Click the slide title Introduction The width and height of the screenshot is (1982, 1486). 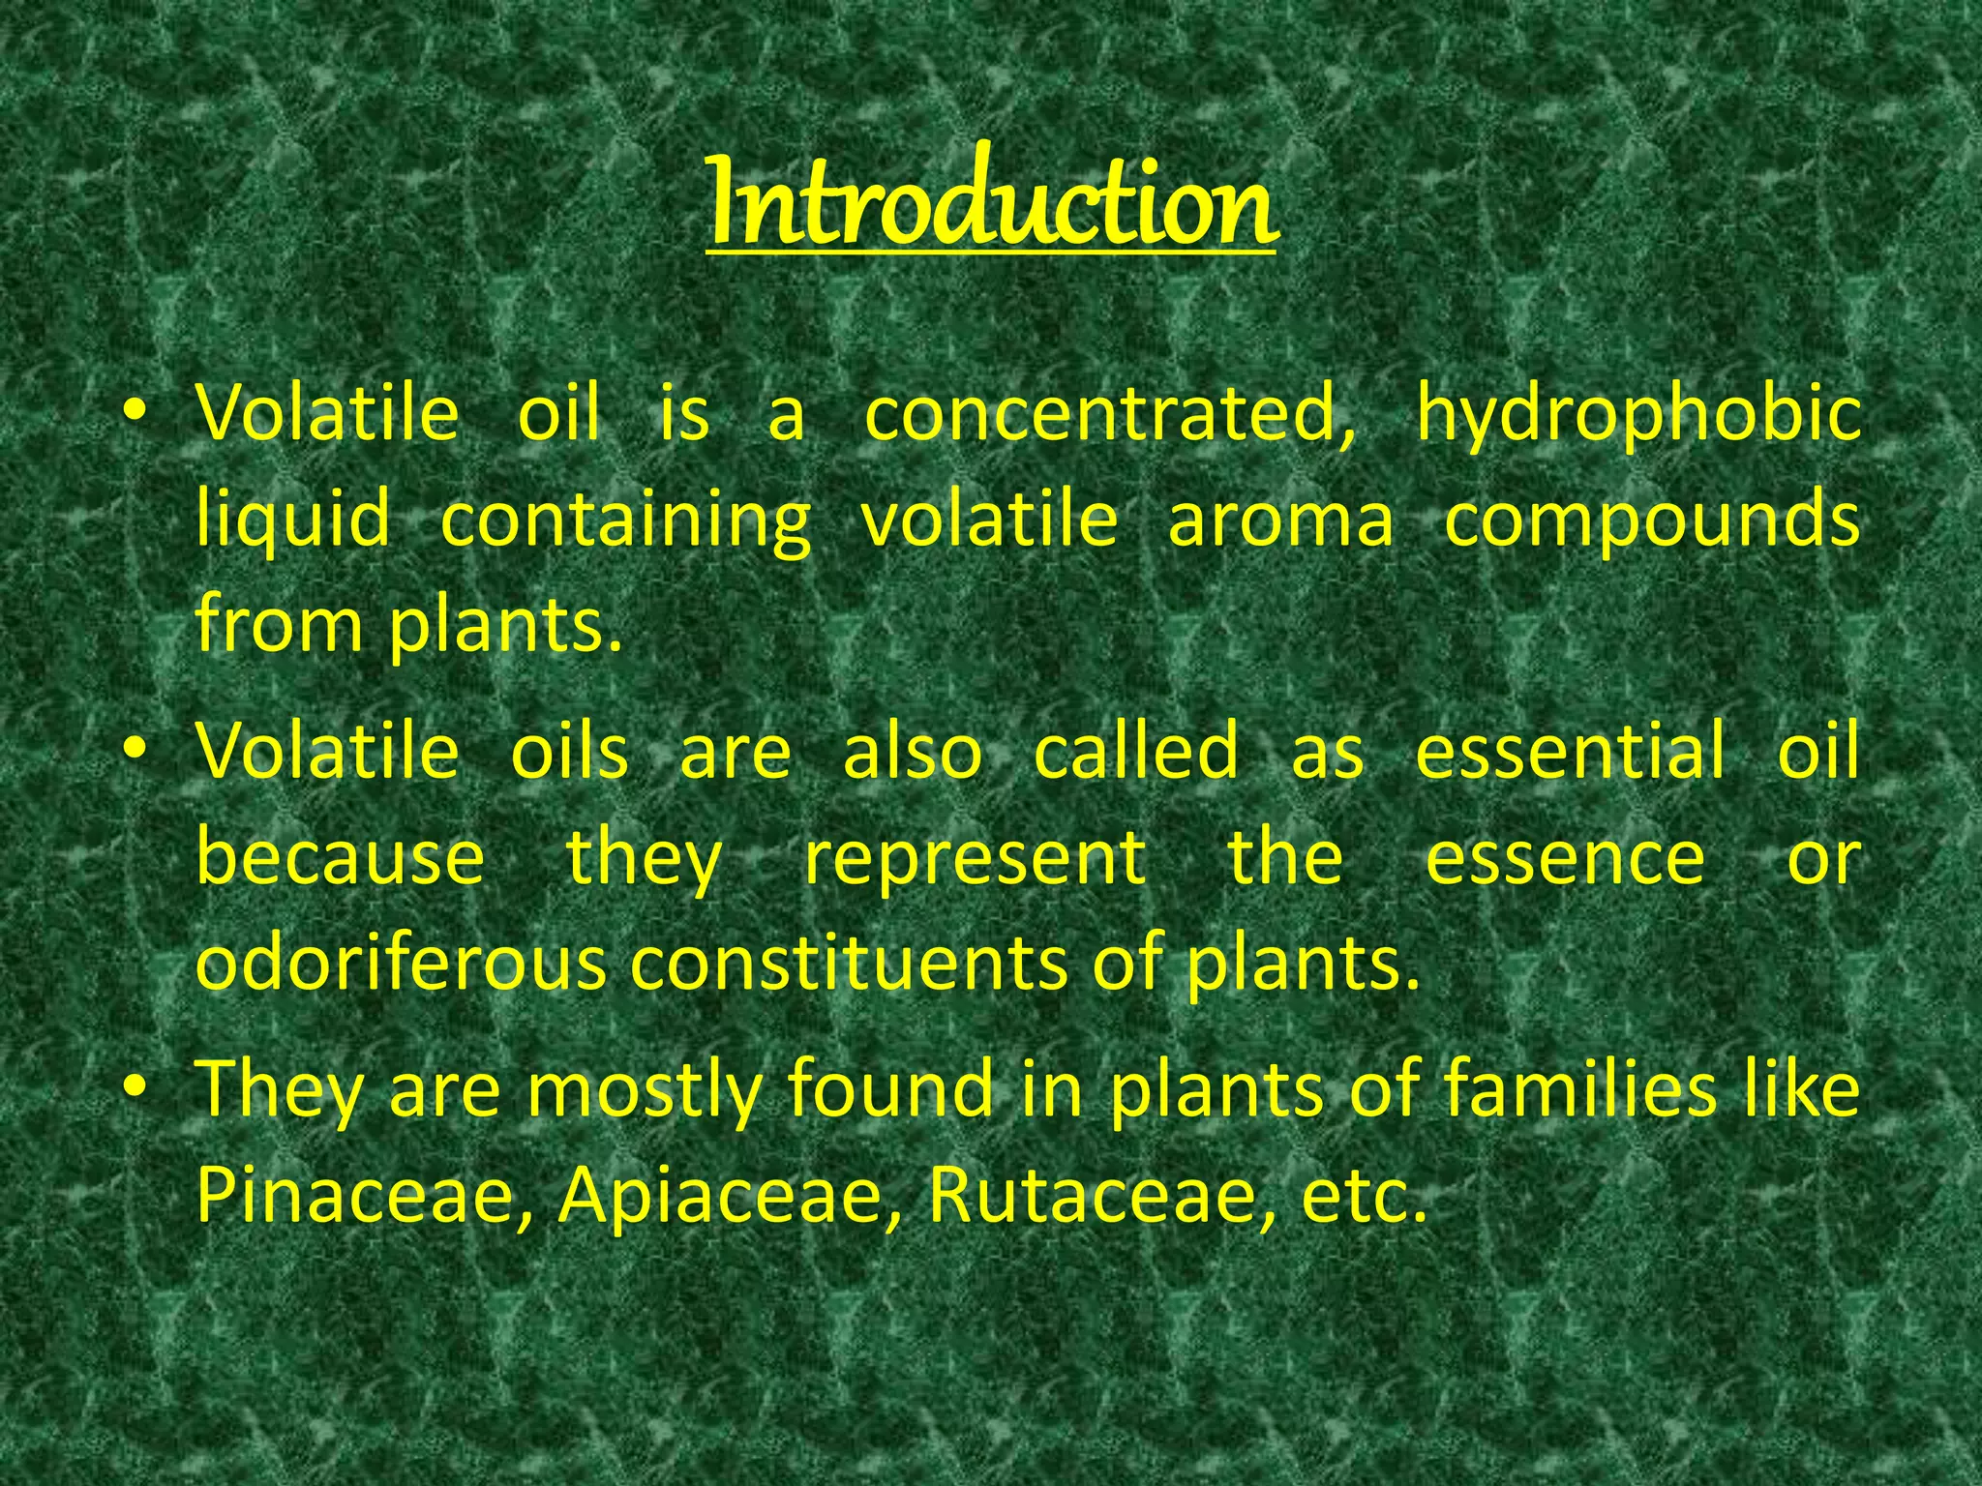(x=991, y=203)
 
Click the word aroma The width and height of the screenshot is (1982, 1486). (x=1280, y=520)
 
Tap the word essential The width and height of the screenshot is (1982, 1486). (x=1570, y=751)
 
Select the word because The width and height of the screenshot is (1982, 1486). (x=340, y=857)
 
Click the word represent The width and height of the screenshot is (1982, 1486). (x=975, y=859)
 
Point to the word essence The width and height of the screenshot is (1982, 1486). (x=1565, y=857)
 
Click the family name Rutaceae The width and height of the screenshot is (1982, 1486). (x=1100, y=1196)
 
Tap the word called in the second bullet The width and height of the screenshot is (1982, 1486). (x=1136, y=751)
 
